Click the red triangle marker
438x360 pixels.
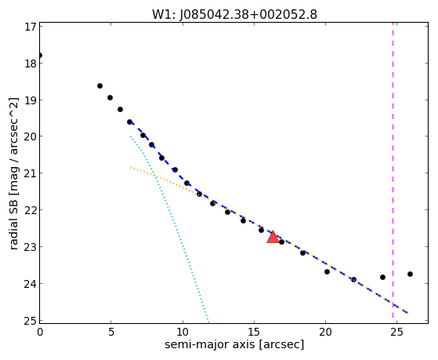pos(273,237)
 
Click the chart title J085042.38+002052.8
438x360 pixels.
pos(248,15)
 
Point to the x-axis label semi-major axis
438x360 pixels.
pos(210,344)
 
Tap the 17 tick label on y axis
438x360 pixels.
pos(30,27)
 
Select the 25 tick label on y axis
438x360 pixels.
pos(30,321)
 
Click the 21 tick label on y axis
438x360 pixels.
pos(30,173)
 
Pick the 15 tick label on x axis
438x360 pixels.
pos(254,333)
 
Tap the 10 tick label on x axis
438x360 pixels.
pos(183,333)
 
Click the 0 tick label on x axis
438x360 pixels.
pos(40,333)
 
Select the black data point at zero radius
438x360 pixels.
pos(40,55)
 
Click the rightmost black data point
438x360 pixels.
pos(410,275)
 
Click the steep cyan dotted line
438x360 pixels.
pos(169,228)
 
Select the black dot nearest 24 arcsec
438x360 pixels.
pos(382,277)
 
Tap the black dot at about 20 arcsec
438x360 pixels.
pos(327,271)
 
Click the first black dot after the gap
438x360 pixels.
pos(100,85)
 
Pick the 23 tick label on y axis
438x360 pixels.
pos(30,247)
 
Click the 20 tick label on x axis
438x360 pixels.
pos(325,333)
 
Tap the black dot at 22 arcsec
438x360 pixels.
pos(353,279)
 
